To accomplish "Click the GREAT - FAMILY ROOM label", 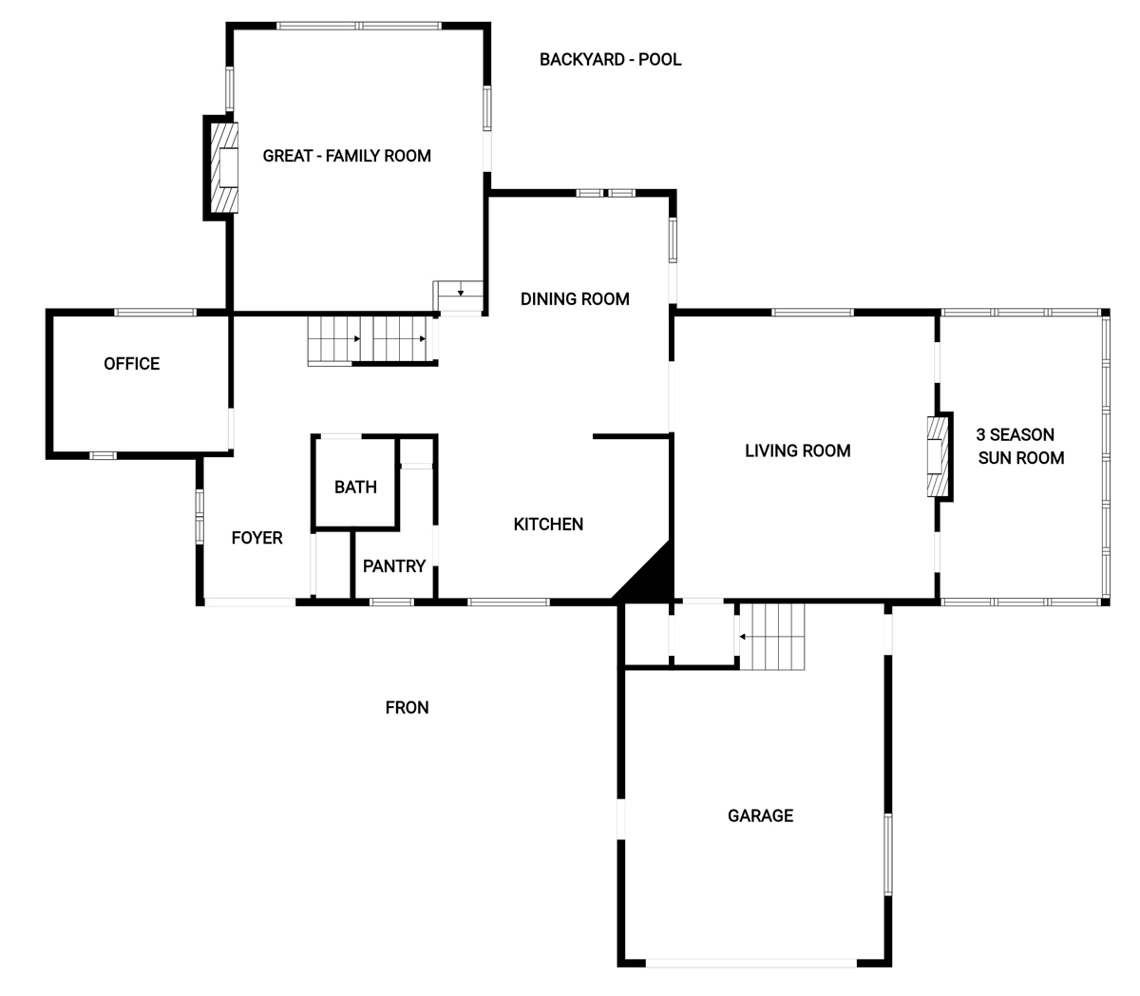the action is tap(347, 156).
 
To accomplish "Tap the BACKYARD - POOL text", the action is tap(610, 60).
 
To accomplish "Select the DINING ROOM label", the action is tap(575, 298).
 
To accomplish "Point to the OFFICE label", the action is tap(131, 363).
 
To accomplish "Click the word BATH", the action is tap(355, 488).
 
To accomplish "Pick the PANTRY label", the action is tap(394, 566).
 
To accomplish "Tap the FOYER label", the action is tap(256, 538).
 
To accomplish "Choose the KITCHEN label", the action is tap(548, 524).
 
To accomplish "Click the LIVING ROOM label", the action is tap(797, 450).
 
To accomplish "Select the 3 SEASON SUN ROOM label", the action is tap(1020, 446).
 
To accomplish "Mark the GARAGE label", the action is tap(760, 815).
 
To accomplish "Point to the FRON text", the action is tap(407, 707).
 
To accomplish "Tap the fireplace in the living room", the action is tap(938, 456).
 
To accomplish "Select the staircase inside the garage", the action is tap(772, 637).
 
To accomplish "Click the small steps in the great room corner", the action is tap(458, 297).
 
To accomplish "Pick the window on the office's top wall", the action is tap(156, 312).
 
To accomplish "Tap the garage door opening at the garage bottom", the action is tap(751, 963).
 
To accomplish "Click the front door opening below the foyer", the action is tap(250, 602).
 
